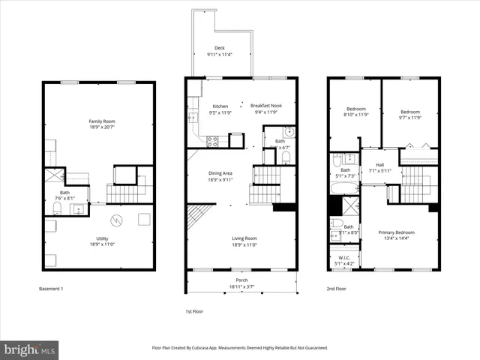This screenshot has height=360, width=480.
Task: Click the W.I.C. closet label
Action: [x=345, y=259]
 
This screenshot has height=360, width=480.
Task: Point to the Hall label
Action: [x=379, y=166]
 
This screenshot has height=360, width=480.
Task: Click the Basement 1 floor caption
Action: [x=52, y=289]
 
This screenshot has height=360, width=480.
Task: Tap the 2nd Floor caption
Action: [x=336, y=289]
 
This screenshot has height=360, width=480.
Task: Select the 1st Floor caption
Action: [x=193, y=311]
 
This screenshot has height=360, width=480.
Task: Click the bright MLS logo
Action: [x=30, y=349]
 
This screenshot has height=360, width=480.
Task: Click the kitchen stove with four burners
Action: [x=212, y=139]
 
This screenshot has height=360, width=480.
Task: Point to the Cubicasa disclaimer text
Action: [x=240, y=348]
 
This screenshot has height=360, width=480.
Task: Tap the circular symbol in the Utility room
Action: [x=115, y=220]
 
